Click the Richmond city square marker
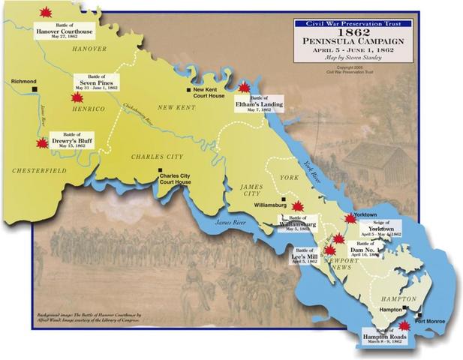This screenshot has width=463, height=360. click(x=35, y=89)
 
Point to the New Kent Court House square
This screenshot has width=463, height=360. click(x=189, y=90)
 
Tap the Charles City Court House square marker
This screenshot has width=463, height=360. click(x=159, y=172)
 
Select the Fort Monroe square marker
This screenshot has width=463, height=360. click(x=421, y=315)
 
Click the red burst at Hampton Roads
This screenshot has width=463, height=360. click(x=404, y=325)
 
